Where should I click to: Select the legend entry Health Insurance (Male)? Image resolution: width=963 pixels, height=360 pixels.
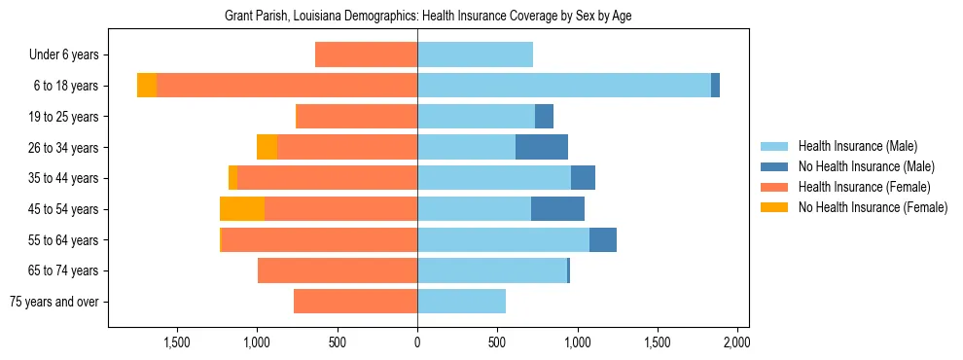(857, 146)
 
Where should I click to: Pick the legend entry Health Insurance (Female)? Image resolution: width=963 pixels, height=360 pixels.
(864, 187)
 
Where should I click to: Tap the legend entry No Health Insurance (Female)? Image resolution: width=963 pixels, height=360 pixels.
(872, 207)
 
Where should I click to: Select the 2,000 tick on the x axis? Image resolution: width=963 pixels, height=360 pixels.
(736, 343)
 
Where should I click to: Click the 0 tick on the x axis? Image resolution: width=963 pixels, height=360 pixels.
(417, 343)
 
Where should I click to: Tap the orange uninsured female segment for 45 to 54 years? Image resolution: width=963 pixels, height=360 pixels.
(242, 209)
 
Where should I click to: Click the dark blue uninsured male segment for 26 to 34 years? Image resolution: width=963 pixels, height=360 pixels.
(542, 148)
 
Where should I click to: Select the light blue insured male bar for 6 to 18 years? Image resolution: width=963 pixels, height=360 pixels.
(564, 86)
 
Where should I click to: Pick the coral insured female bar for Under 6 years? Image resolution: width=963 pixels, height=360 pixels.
(366, 55)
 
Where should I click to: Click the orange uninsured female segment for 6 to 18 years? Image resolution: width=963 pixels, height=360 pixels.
(147, 86)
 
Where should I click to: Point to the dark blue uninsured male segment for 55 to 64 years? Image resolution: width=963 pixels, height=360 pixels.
(603, 240)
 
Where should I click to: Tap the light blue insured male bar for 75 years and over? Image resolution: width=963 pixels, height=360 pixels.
(461, 302)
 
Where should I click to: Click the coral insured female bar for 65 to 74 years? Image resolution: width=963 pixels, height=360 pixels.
(338, 270)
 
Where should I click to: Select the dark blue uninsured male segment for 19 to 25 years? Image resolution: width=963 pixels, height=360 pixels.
(544, 117)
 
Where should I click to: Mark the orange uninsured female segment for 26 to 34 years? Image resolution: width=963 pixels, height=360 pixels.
(267, 148)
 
